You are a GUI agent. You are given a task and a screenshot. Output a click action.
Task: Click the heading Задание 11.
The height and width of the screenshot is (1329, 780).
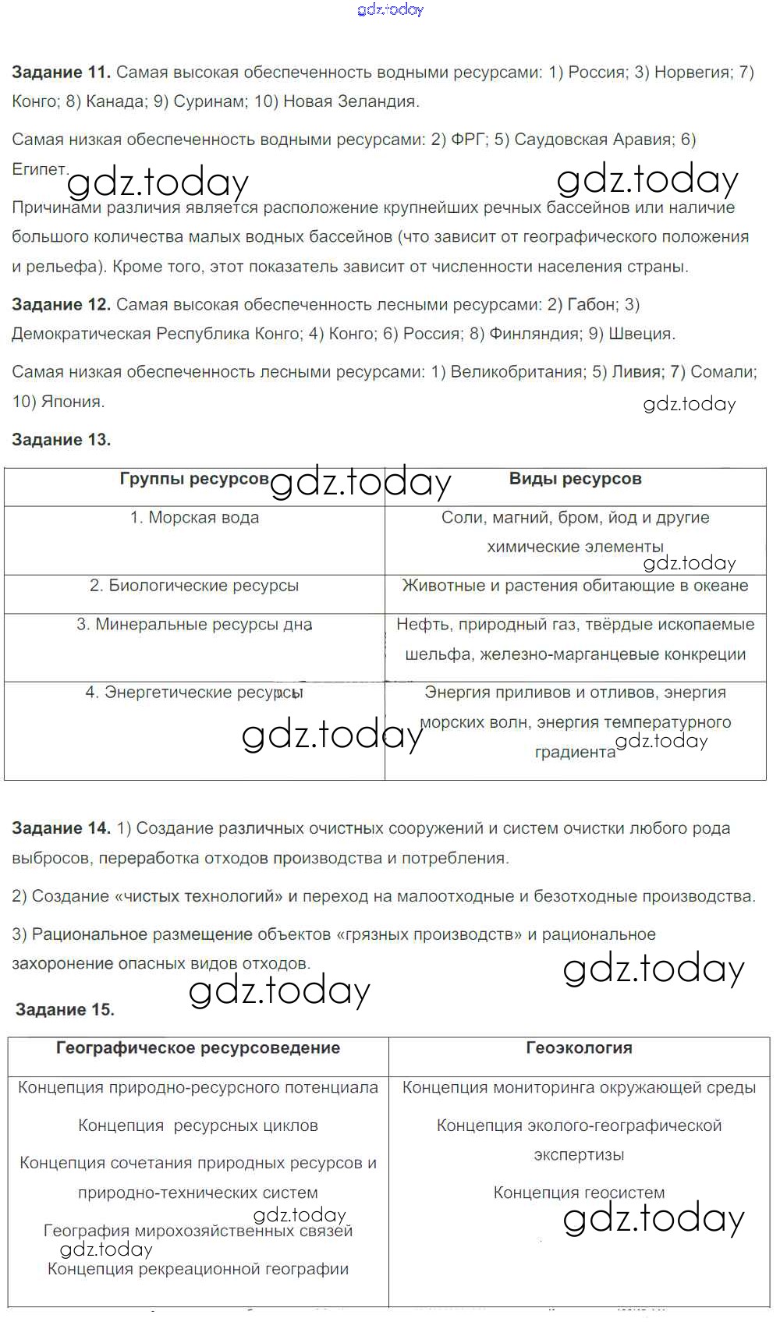[x=61, y=73]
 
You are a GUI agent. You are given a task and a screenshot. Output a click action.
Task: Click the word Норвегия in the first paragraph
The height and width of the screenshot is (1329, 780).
[x=691, y=73]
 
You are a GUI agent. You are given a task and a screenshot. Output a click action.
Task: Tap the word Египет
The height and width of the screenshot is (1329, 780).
[x=39, y=168]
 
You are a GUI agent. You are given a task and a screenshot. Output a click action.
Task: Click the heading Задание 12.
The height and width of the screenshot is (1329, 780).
[x=61, y=304]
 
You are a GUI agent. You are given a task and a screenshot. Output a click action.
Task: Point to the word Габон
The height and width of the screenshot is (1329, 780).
[x=590, y=304]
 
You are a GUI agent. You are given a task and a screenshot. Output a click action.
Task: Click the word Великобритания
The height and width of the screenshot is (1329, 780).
[x=517, y=372]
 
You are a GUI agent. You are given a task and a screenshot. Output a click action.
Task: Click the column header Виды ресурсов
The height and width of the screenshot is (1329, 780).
[x=575, y=479]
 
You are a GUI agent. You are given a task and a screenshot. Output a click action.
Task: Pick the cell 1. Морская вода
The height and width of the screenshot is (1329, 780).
[x=194, y=518]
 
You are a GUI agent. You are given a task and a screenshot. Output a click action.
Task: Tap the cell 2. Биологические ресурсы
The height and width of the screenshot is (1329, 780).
[x=194, y=586]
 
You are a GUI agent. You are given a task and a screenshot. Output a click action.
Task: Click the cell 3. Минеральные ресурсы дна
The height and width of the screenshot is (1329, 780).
[x=194, y=625]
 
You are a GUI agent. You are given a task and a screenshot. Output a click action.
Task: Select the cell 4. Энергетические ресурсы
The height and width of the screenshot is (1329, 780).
[x=194, y=693]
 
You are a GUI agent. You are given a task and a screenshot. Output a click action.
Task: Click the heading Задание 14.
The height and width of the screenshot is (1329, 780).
[x=61, y=828]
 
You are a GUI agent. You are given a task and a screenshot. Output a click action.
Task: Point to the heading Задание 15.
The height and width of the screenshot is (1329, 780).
[x=65, y=1010]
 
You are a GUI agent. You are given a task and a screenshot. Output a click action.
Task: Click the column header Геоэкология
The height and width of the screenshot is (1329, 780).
[x=579, y=1048]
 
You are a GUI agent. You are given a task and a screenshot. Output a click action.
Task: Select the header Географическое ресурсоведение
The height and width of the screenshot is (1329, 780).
[x=198, y=1048]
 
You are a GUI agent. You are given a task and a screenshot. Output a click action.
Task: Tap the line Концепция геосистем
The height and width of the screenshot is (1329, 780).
[x=579, y=1193]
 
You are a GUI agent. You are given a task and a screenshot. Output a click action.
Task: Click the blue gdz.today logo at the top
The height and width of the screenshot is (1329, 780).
[x=390, y=9]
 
